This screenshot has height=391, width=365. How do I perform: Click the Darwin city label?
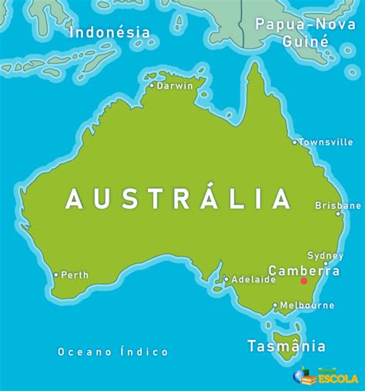coord(176,86)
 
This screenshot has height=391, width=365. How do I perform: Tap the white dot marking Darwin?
coord(152,86)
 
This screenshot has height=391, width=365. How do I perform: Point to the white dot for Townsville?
coord(294,142)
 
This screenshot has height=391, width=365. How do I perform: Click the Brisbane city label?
coord(338,206)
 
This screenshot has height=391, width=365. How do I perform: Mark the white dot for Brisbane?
coord(338,214)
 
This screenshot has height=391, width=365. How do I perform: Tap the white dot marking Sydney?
coord(325,264)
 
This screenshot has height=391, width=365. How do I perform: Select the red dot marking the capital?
coord(303,281)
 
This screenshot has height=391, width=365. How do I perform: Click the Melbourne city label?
coord(307,305)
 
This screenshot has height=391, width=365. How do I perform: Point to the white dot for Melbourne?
coord(275,305)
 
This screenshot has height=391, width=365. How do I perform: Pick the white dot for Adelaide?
coord(226,280)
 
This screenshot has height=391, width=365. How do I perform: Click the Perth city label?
coord(75,275)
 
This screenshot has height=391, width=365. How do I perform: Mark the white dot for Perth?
coord(55,275)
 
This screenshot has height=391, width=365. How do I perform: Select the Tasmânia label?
coord(286,346)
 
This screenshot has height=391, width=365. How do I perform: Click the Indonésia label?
coord(109,32)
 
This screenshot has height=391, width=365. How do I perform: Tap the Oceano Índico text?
coord(113,352)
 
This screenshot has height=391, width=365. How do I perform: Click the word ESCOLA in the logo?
coord(336,379)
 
